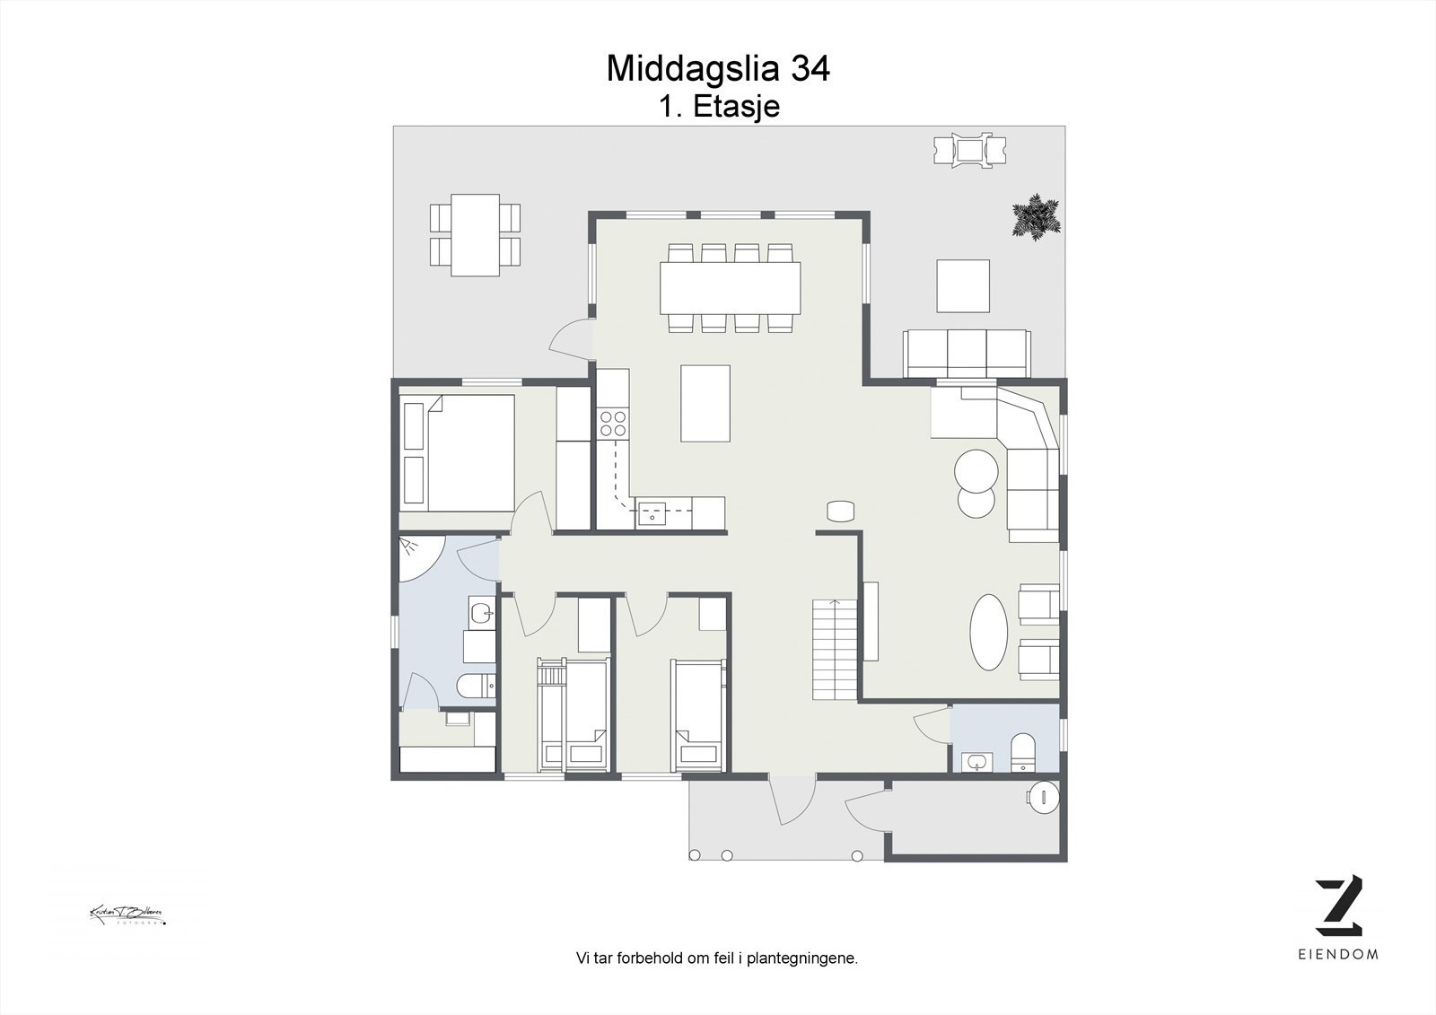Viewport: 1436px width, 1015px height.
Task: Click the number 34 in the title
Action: tap(810, 69)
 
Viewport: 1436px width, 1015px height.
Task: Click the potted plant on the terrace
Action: tap(1036, 215)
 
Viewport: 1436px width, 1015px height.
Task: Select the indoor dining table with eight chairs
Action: tap(730, 286)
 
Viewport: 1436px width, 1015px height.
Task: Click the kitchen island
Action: tap(705, 403)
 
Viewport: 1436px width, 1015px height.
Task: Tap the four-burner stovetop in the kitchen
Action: tap(613, 424)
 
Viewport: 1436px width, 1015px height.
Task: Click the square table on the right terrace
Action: tap(963, 285)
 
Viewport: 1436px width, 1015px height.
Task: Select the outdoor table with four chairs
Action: tap(475, 234)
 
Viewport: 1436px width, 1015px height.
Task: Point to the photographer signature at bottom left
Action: tap(127, 915)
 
